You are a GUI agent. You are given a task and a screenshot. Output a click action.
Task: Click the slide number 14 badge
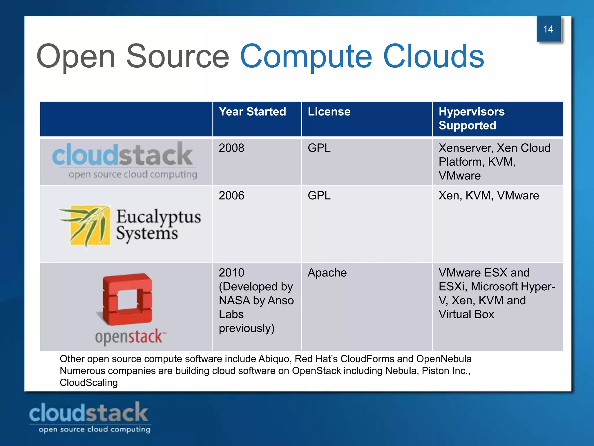tap(548, 29)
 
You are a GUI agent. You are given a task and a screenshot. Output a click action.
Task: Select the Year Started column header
tap(252, 112)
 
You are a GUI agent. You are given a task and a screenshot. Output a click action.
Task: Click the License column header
tap(329, 112)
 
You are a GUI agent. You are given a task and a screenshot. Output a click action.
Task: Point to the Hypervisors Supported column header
tap(472, 118)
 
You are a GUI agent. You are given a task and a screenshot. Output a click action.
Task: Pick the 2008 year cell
tap(231, 148)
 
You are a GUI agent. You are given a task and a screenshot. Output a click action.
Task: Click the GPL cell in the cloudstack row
tap(319, 148)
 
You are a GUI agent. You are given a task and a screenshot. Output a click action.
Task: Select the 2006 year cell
tap(231, 196)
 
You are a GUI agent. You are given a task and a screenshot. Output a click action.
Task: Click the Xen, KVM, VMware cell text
tap(489, 196)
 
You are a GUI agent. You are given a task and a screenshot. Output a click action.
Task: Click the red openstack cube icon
tap(127, 299)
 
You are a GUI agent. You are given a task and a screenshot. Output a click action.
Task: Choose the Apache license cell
tap(327, 273)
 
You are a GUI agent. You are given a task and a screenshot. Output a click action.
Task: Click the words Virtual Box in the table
tap(466, 314)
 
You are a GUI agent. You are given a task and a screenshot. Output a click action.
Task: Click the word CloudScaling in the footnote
tap(89, 383)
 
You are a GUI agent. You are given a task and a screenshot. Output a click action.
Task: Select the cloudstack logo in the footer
tap(89, 417)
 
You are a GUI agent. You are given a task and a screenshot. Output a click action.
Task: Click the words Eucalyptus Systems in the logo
tap(158, 225)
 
